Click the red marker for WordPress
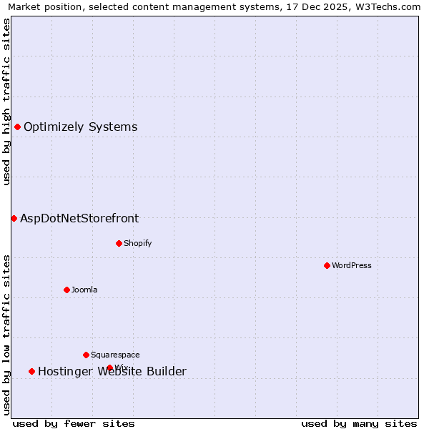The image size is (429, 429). pos(327,265)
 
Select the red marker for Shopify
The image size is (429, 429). pos(119,243)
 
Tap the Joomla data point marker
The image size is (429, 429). pos(66,290)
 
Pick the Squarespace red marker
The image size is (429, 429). pos(86,355)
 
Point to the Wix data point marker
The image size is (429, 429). pos(109,368)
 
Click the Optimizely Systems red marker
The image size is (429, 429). pos(17,127)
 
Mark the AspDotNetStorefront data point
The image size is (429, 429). pos(14,218)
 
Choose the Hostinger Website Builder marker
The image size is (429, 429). pos(31,371)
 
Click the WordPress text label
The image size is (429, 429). pos(352,265)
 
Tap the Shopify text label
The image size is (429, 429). pos(138,243)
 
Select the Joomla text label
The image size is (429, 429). pos(84,290)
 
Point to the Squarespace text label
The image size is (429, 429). pos(115,355)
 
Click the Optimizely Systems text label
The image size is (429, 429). pos(80,127)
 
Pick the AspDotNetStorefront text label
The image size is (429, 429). pos(79,219)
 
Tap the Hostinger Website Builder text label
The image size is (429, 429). pos(112,372)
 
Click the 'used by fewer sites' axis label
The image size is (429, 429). pos(74,423)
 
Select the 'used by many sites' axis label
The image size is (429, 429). pos(359,423)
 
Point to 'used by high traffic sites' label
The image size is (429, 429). pos(6,102)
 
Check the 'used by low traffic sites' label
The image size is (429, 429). pos(6,335)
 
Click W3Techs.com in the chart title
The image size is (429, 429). pos(387,6)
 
